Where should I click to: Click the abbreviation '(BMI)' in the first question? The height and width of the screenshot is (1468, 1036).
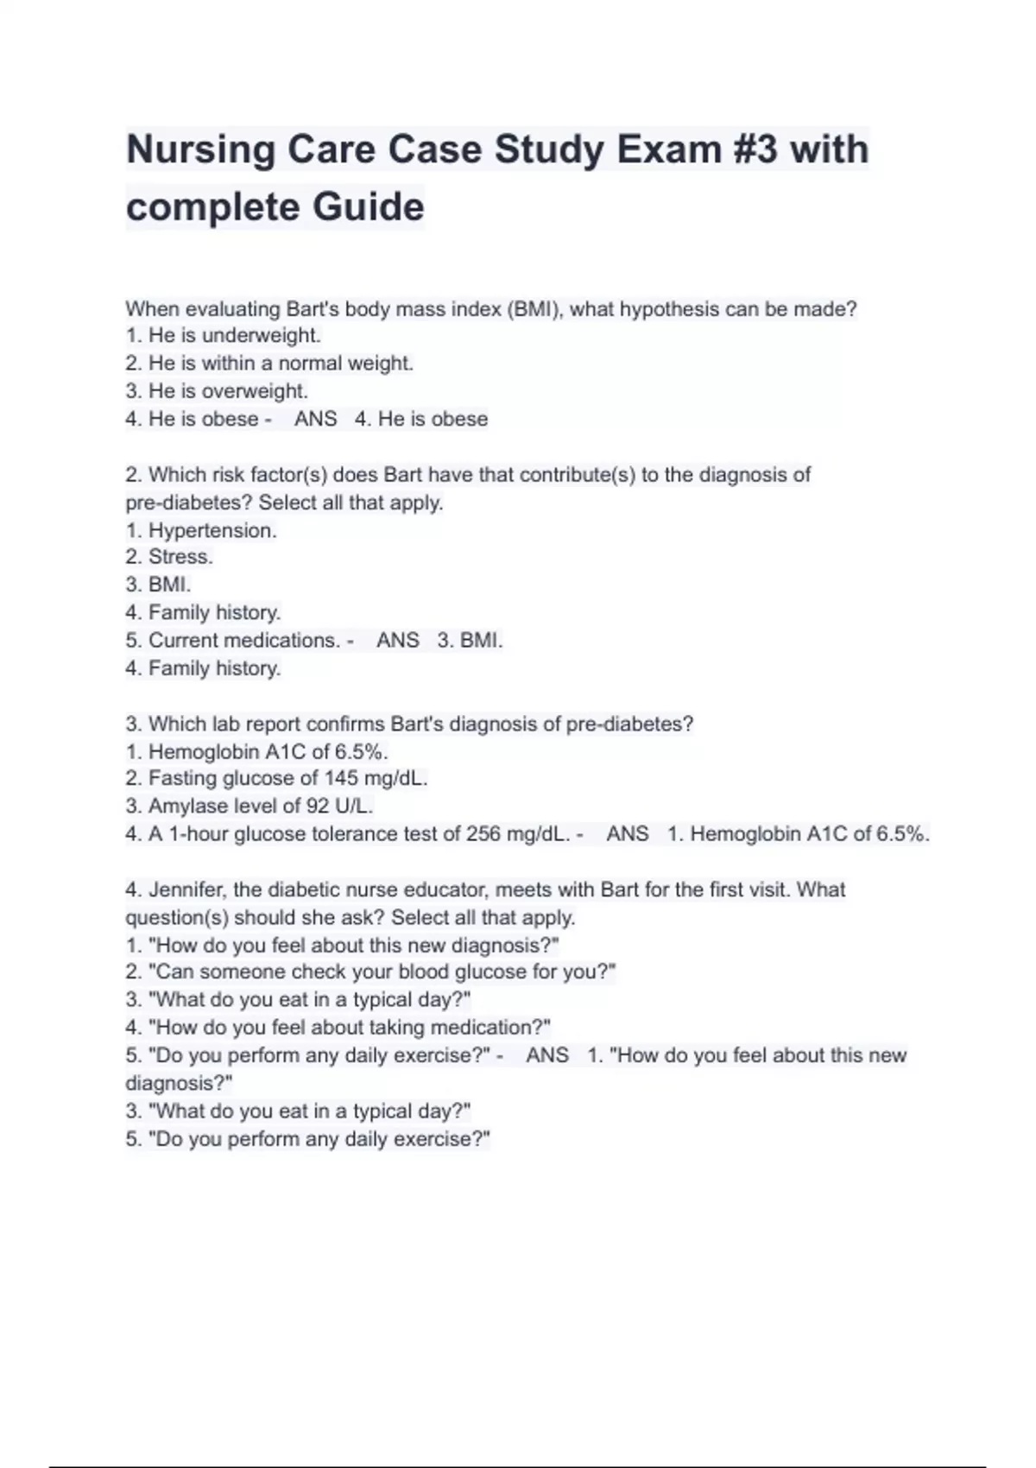coord(534,309)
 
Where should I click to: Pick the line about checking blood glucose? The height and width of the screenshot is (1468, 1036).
coord(370,972)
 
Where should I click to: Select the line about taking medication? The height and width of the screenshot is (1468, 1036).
coord(338,1028)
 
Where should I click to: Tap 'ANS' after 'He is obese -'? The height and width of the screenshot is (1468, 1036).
coord(315,419)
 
